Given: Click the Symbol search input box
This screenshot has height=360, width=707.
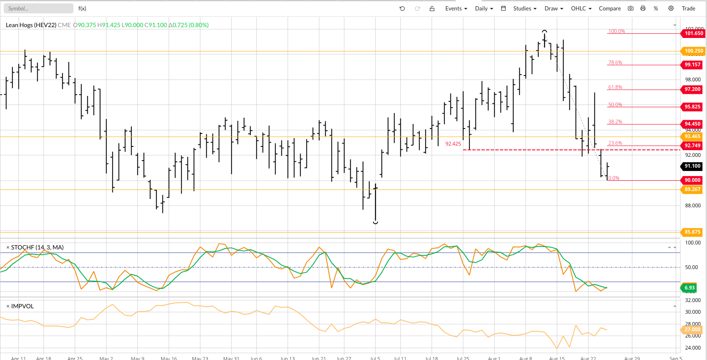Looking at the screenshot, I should (x=38, y=8).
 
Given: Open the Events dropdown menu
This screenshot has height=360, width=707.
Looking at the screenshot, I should (x=456, y=8).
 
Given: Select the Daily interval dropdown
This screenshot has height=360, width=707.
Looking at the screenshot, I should (x=484, y=8).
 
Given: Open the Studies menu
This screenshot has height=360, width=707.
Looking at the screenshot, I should (x=525, y=8).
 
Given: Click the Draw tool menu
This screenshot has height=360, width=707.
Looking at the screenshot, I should (x=553, y=8).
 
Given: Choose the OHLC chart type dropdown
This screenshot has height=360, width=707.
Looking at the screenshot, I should (x=581, y=8).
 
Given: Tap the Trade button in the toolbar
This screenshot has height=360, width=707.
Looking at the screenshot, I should (x=688, y=8).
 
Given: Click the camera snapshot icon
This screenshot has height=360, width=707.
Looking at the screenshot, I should (x=631, y=8).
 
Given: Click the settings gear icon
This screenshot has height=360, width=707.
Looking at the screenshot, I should (x=671, y=8).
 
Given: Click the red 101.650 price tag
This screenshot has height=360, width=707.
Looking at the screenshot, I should (x=693, y=33).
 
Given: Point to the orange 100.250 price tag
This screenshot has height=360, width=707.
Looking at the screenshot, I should (x=693, y=51).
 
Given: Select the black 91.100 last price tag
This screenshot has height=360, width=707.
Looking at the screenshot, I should (x=692, y=166).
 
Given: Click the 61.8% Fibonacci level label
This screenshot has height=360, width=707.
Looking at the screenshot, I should (x=615, y=87).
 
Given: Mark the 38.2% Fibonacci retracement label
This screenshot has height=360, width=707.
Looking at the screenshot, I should (x=615, y=122).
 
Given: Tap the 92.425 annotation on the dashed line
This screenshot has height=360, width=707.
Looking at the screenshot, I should (x=453, y=144).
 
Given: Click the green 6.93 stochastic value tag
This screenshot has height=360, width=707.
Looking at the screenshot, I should (x=689, y=288).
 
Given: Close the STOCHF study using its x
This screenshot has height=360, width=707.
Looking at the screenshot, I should (x=8, y=248).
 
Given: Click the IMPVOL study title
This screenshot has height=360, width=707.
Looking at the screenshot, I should (x=23, y=306).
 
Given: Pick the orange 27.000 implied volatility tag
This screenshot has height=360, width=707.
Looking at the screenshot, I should (x=692, y=330).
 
